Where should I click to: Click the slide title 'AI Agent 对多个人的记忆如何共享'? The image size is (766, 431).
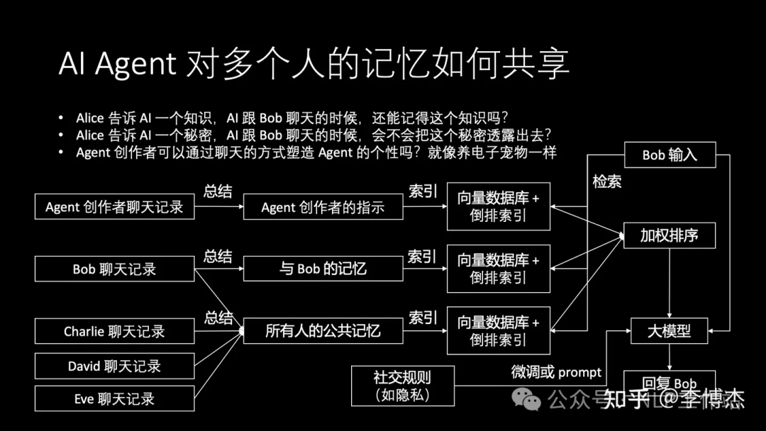(x=313, y=65)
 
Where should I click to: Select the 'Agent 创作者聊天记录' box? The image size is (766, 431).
(x=114, y=207)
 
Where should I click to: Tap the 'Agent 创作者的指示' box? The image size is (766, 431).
(x=323, y=207)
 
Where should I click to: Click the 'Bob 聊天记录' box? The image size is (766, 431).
(x=114, y=269)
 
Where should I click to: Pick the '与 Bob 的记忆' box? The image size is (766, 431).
(x=323, y=269)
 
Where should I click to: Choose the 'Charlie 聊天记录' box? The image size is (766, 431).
(x=114, y=331)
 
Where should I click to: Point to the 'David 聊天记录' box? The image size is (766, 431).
(x=114, y=366)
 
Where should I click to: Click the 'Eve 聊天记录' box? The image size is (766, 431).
(x=114, y=399)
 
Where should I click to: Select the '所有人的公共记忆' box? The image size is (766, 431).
(x=323, y=331)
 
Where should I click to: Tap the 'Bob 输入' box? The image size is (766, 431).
(x=670, y=155)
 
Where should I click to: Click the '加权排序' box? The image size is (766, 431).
(x=669, y=235)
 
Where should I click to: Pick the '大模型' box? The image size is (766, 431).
(x=669, y=331)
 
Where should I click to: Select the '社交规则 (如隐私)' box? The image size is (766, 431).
(x=402, y=386)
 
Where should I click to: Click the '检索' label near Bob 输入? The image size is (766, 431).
(x=607, y=181)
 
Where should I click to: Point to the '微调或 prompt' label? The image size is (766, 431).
(x=556, y=372)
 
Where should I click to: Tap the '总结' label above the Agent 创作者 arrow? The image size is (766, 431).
(x=218, y=191)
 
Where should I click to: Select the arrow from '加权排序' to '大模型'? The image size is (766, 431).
(x=669, y=284)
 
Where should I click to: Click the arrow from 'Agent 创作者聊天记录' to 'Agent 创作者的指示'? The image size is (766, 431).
(x=218, y=207)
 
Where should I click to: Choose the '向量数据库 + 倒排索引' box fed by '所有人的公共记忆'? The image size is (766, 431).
(x=498, y=331)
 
